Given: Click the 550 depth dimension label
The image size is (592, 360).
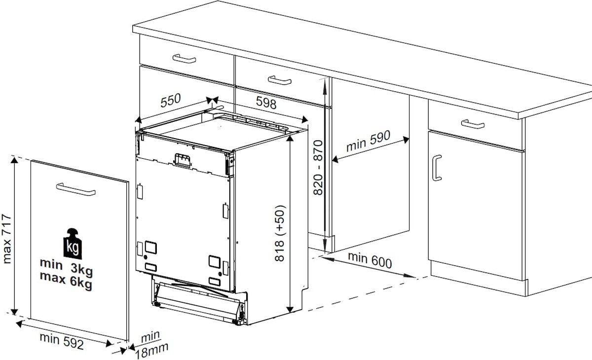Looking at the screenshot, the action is [171, 101].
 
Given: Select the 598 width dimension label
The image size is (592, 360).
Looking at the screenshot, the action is [266, 103].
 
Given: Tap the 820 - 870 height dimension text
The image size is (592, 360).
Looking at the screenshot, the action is [318, 168].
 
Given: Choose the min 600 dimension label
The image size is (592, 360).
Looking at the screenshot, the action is [370, 260].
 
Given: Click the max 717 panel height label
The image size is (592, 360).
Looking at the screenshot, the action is [6, 239].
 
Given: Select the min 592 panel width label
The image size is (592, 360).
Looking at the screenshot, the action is [62, 341].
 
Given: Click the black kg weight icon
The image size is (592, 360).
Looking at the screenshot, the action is [73, 244].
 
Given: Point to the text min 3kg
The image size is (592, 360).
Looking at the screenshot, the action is [66, 266].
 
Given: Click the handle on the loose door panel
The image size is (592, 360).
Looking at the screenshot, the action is [76, 189].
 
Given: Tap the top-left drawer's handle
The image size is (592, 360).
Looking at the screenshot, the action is [184, 59].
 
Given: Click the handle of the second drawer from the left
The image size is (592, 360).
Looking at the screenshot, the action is [280, 80].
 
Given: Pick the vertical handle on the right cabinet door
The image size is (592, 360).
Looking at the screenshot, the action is [437, 168].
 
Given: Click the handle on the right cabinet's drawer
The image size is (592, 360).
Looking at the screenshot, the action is [473, 124].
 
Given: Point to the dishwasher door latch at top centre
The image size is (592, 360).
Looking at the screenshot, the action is [182, 160].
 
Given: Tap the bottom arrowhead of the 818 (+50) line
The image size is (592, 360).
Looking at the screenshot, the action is [290, 309].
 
